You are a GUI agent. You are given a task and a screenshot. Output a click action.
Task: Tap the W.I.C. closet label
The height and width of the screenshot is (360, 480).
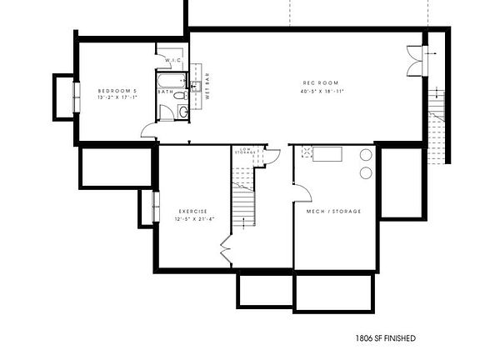(x=173, y=61)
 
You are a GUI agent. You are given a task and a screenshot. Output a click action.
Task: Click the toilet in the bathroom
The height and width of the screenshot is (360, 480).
(x=183, y=111)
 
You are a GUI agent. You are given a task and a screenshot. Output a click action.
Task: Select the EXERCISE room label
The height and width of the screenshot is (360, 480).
(x=192, y=211)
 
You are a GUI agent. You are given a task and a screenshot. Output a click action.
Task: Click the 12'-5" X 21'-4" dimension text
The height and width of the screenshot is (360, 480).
(x=192, y=219)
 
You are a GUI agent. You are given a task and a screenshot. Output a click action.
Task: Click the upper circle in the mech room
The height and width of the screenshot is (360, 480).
(x=366, y=156)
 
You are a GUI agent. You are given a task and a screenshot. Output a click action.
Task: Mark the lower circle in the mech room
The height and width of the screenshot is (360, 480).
(x=366, y=172)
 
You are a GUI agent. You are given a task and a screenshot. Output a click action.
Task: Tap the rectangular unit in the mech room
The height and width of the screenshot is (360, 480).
(x=327, y=154)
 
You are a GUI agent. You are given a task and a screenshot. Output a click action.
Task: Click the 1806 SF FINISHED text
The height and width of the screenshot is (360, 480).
(x=385, y=338)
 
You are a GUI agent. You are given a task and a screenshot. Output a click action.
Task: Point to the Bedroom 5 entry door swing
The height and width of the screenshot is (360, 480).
(x=149, y=129)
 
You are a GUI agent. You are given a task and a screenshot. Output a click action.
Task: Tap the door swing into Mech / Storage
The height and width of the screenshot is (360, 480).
(x=302, y=192)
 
